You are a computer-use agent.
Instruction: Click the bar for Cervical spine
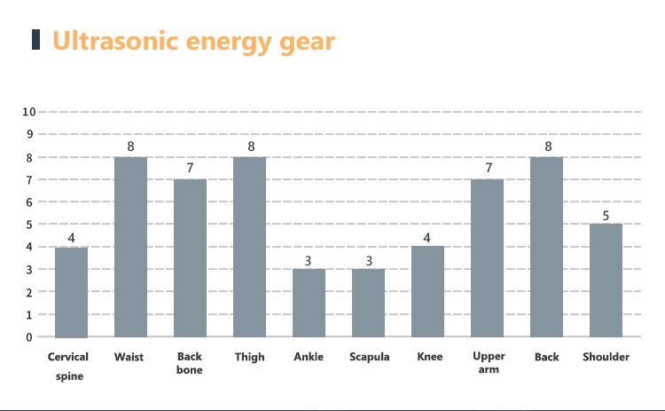coord(72,292)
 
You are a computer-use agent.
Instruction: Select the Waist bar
coord(130,248)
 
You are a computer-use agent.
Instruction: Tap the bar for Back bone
coord(190,258)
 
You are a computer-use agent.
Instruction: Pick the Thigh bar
coord(249,248)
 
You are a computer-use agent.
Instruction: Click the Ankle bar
coord(309,303)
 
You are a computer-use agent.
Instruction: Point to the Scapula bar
coord(368,303)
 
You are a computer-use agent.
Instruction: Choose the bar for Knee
coord(428,292)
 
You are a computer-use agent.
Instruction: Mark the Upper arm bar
coord(488,258)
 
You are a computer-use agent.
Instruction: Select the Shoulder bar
coord(606,281)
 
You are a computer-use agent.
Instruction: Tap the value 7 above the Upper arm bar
coord(488,169)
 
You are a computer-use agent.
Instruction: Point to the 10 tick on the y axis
coord(28,112)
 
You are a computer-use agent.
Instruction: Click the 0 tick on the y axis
coord(28,337)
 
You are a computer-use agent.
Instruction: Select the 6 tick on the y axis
coord(28,202)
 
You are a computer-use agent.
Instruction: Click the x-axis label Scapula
coord(368,358)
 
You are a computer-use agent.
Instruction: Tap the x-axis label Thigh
coord(249,358)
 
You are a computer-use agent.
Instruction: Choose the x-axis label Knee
coord(429,358)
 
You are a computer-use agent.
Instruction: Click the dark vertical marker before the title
coord(36,40)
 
